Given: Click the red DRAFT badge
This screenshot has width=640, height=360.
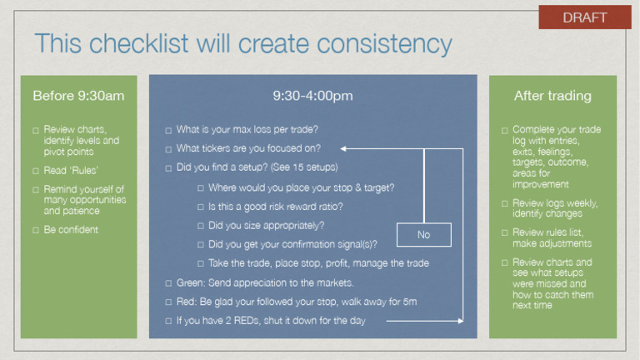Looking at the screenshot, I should click(584, 17).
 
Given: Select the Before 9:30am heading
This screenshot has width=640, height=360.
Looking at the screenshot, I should click(78, 96).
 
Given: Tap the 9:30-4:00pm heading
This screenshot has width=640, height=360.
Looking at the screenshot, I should click(312, 96).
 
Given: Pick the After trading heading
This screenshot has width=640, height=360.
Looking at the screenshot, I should click(552, 96).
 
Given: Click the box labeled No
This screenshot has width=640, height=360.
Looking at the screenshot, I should click(423, 235).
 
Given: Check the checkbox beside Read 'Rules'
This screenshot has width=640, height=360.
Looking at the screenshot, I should click(36, 172).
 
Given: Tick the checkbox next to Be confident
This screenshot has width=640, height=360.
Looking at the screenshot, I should click(36, 231).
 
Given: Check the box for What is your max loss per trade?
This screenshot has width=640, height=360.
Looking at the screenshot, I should click(168, 131).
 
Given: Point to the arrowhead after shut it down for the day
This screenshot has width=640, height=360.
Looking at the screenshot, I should click(459, 321).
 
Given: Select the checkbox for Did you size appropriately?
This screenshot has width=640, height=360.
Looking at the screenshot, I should click(201, 226).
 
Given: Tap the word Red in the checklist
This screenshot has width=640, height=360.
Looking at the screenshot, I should click(187, 302).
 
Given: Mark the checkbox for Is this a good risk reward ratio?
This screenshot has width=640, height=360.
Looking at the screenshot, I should click(201, 207).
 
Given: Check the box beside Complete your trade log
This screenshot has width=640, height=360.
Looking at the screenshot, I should click(504, 131).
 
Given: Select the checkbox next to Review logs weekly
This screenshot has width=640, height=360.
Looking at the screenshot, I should click(504, 204).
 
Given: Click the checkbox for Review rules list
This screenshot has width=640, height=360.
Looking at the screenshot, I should click(504, 233).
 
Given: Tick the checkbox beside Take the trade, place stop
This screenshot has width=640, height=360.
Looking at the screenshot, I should click(201, 264).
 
